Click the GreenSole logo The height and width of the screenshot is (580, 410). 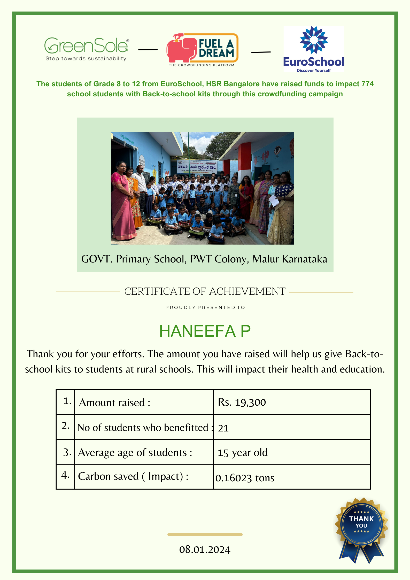(x=86, y=49)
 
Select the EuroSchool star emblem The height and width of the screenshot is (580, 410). (x=314, y=40)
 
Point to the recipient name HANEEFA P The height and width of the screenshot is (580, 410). (x=205, y=331)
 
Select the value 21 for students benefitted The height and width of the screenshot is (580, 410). (x=223, y=428)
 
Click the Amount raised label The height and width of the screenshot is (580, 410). (x=115, y=403)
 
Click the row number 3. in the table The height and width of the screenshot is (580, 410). (x=67, y=452)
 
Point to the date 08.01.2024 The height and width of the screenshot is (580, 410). (x=205, y=550)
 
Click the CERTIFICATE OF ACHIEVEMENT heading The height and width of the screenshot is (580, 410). (x=205, y=291)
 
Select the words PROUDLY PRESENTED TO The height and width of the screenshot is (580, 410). (x=205, y=307)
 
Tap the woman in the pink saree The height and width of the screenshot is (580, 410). (x=122, y=202)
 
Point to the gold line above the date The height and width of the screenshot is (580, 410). (x=205, y=535)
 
